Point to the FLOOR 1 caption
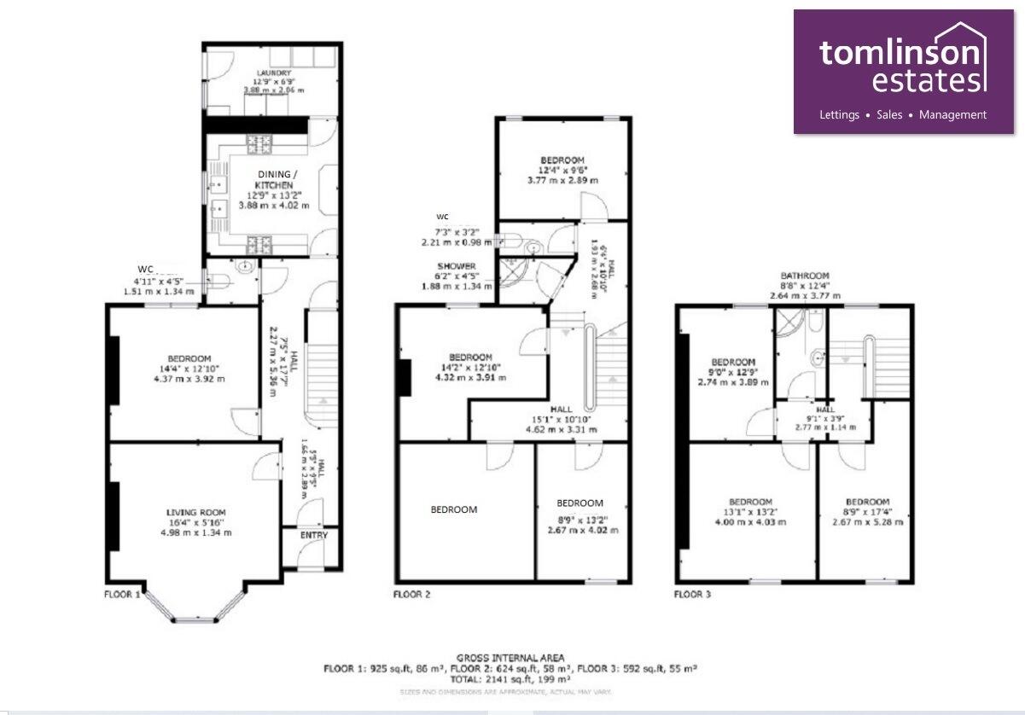tap(122, 593)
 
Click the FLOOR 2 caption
tap(411, 593)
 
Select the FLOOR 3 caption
tap(691, 593)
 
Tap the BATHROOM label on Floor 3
tap(806, 276)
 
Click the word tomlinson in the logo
tap(900, 53)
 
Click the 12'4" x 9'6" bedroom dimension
tap(562, 171)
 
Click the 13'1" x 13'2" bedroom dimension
tap(751, 512)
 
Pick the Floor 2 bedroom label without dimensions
tap(453, 509)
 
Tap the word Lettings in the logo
tap(839, 114)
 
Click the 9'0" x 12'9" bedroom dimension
tap(733, 373)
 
